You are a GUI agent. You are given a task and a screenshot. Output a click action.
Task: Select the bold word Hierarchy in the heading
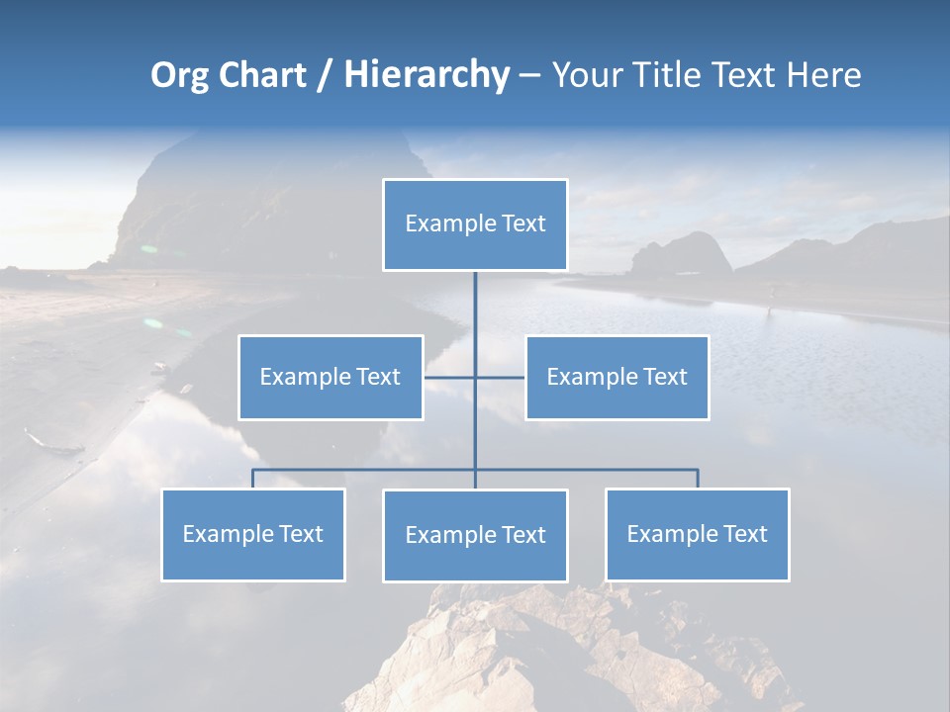427,76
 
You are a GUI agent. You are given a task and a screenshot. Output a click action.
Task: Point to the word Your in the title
587,76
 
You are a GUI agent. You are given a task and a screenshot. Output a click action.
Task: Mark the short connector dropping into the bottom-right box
698,479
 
